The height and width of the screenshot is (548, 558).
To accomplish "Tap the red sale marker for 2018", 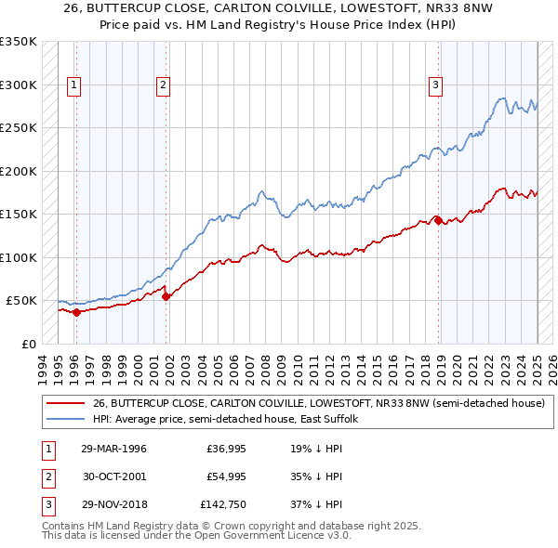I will (438, 221).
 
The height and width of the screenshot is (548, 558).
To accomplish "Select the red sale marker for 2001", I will (166, 296).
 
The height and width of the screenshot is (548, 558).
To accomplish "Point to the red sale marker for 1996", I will (76, 312).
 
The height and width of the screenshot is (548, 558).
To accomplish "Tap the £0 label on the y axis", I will (28, 344).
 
